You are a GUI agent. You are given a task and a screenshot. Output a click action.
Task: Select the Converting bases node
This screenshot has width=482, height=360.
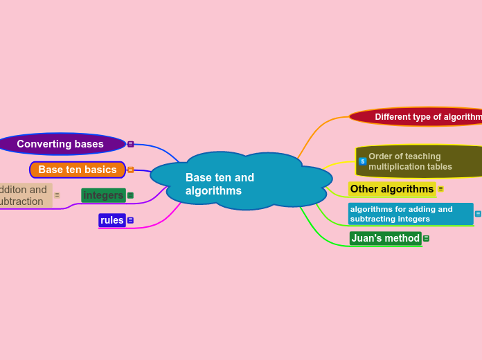click(60, 144)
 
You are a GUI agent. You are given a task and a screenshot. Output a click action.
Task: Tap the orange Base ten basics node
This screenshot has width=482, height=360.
click(77, 170)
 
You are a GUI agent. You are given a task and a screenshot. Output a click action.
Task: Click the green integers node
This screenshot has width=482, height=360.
click(103, 195)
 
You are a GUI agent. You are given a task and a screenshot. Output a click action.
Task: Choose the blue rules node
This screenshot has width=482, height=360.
click(111, 220)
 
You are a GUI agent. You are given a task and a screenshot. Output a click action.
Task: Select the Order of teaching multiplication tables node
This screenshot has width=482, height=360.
click(416, 161)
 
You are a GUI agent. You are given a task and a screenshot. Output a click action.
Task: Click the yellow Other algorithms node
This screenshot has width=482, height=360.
click(391, 189)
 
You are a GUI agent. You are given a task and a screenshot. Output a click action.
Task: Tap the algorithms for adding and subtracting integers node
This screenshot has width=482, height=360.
click(410, 214)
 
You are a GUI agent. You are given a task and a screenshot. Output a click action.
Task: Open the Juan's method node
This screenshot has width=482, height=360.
click(385, 238)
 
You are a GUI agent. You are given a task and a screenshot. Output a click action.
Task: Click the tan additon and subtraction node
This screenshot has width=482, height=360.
click(24, 195)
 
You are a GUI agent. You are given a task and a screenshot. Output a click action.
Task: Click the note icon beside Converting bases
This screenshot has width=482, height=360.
click(130, 144)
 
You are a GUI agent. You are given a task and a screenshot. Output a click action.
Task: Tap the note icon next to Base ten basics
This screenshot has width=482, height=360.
click(130, 170)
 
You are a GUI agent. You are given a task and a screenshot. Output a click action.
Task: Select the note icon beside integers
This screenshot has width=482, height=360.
click(130, 195)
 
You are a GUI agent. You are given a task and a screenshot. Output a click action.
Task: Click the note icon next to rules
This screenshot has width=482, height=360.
click(130, 220)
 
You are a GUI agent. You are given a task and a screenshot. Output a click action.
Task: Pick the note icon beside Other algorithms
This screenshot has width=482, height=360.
click(440, 189)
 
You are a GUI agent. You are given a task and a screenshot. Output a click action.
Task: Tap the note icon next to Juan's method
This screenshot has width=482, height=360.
click(426, 238)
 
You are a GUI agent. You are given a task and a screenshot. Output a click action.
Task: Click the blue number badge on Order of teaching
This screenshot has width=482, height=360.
click(362, 161)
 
